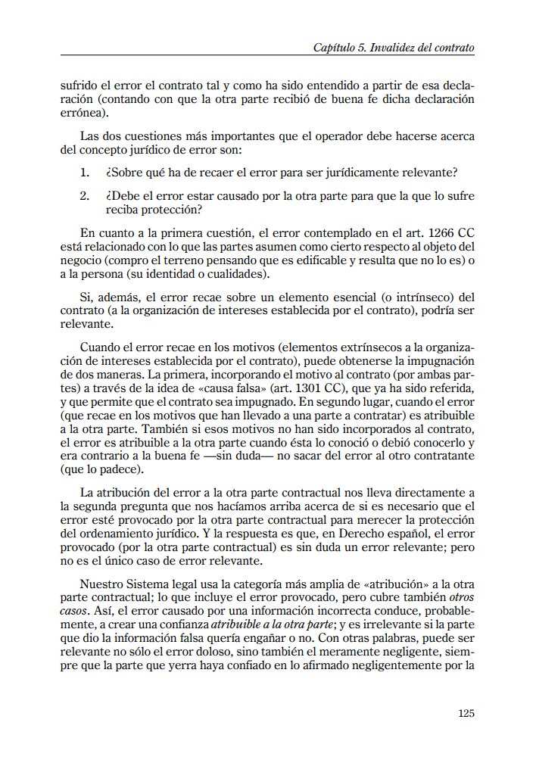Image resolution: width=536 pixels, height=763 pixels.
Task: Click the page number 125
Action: (x=466, y=712)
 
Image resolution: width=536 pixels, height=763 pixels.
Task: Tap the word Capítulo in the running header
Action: (x=334, y=47)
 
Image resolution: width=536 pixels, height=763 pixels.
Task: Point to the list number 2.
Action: (x=85, y=196)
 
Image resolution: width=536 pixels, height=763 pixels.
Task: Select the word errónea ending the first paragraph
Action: (x=83, y=114)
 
